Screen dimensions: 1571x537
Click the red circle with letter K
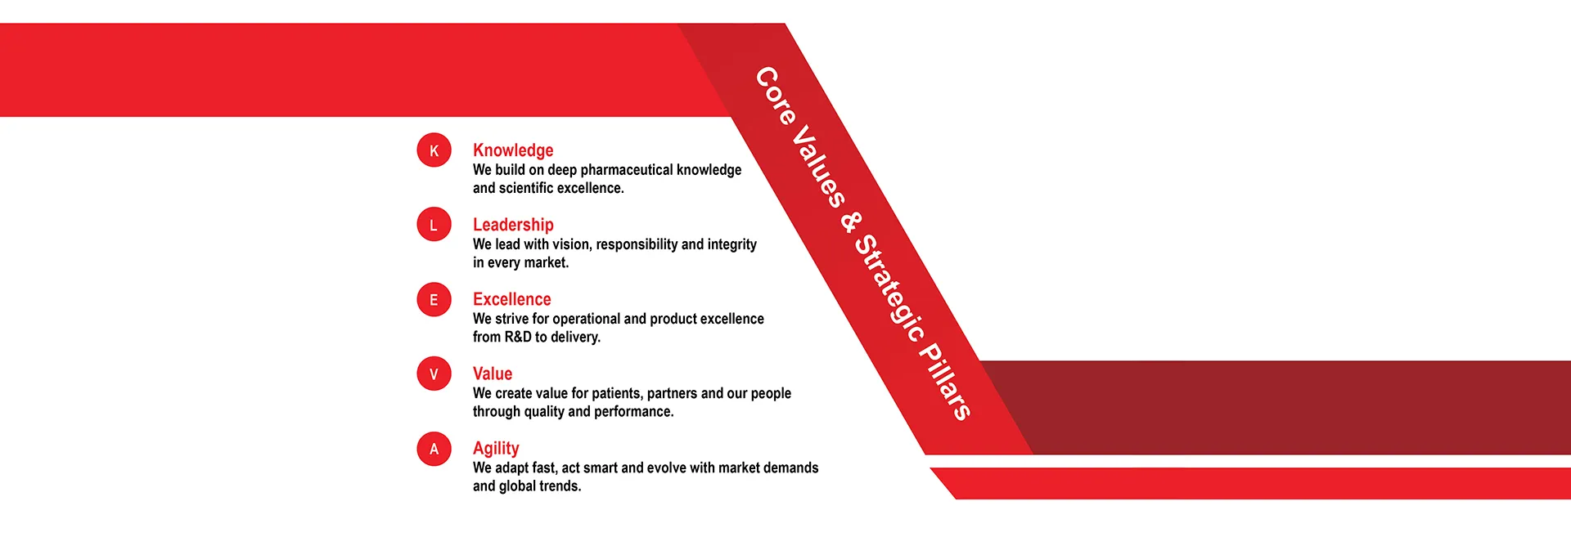pyautogui.click(x=434, y=150)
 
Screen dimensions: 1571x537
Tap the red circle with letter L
pyautogui.click(x=434, y=225)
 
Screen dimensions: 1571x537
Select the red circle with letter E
pyautogui.click(x=434, y=299)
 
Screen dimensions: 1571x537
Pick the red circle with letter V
pyautogui.click(x=434, y=374)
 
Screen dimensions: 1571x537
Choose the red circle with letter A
pyautogui.click(x=434, y=449)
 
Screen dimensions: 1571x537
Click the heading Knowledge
pyautogui.click(x=513, y=150)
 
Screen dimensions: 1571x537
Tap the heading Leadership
pyautogui.click(x=513, y=225)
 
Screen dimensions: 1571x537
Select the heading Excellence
pyautogui.click(x=512, y=299)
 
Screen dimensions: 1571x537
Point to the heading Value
pyautogui.click(x=493, y=374)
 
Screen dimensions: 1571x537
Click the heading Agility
pyautogui.click(x=496, y=449)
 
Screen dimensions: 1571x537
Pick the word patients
pyautogui.click(x=617, y=393)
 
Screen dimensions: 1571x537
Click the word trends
pyautogui.click(x=560, y=486)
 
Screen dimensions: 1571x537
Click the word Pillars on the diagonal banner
pyautogui.click(x=946, y=380)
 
